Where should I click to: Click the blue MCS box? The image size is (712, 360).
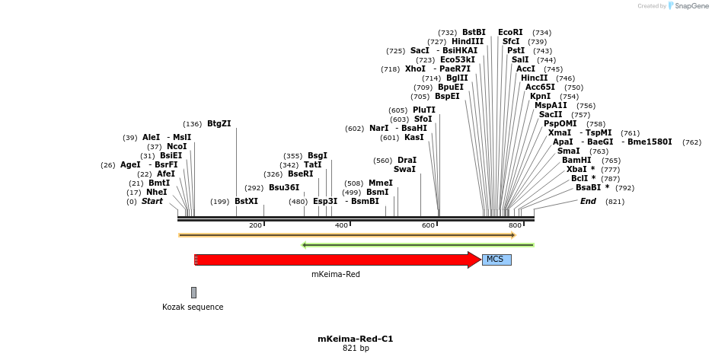tap(496, 260)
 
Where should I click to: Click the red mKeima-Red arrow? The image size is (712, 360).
tap(335, 260)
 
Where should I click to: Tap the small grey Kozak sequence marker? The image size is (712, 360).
tap(193, 292)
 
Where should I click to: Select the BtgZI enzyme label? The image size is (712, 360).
tap(219, 123)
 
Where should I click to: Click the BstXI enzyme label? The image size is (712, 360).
tap(246, 202)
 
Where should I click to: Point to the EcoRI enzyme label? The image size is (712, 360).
tap(510, 33)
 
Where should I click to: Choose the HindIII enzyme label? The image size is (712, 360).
tap(468, 42)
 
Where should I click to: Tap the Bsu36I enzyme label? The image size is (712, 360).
tap(283, 188)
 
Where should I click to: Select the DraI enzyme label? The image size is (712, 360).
tap(407, 161)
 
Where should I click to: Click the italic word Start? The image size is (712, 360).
tap(152, 202)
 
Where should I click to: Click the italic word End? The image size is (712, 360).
tap(588, 202)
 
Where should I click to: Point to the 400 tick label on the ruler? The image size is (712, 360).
tap(342, 225)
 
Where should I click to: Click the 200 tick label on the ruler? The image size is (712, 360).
tap(257, 225)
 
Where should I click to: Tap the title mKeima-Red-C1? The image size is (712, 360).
tap(355, 339)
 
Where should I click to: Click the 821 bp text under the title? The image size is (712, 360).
tap(355, 349)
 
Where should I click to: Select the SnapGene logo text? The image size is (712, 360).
tap(688, 6)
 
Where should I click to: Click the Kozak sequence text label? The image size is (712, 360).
tap(193, 307)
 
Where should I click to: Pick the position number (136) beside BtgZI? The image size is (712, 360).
tap(193, 124)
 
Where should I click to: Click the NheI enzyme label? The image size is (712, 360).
tap(156, 193)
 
